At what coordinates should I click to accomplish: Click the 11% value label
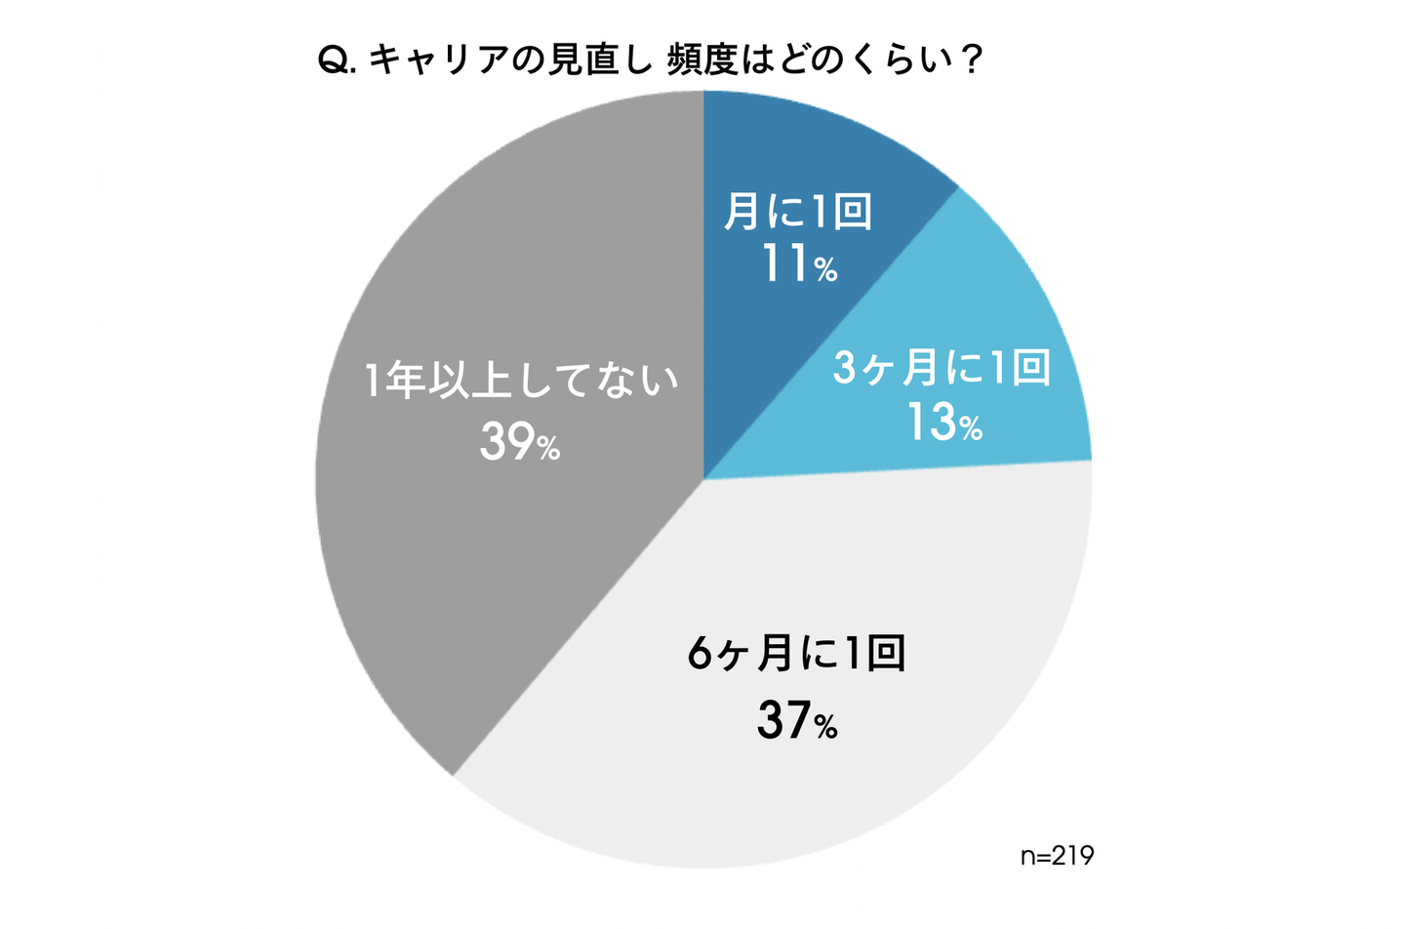tap(799, 264)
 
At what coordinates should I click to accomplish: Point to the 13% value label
tap(943, 424)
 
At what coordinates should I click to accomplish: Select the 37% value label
tap(797, 722)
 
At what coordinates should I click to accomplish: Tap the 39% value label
tap(519, 444)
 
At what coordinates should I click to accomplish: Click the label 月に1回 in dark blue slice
tap(798, 211)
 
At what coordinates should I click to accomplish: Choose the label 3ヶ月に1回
tap(942, 368)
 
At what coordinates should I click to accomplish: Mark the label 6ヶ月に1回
tap(797, 653)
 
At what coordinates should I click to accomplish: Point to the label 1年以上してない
tap(520, 381)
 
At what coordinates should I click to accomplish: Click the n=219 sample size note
tap(1057, 856)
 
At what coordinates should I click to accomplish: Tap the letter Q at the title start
tap(334, 61)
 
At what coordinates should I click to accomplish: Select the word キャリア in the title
tap(434, 61)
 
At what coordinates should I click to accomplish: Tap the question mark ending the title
tap(970, 61)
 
